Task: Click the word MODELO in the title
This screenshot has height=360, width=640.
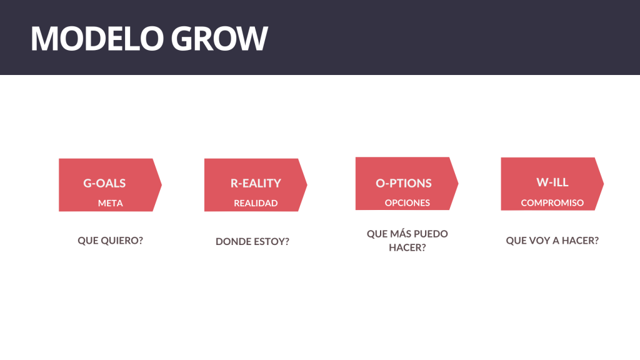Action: pyautogui.click(x=97, y=38)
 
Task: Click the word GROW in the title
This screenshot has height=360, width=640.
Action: pyautogui.click(x=219, y=38)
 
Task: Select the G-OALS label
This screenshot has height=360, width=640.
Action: pyautogui.click(x=104, y=183)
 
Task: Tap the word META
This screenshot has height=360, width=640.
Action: pyautogui.click(x=110, y=203)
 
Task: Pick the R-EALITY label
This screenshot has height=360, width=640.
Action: pyautogui.click(x=256, y=183)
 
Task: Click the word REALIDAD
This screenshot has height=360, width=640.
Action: pyautogui.click(x=256, y=203)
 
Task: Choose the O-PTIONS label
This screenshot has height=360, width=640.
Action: pyautogui.click(x=404, y=183)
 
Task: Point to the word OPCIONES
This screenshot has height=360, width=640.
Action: pyautogui.click(x=407, y=203)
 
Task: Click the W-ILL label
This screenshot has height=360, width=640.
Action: pyautogui.click(x=552, y=182)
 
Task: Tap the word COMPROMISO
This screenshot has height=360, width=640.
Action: pyautogui.click(x=552, y=203)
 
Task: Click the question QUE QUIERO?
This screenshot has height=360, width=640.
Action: pyautogui.click(x=110, y=241)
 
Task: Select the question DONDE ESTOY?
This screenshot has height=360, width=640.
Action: pyautogui.click(x=252, y=242)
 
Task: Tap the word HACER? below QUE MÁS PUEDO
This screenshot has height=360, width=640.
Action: pyautogui.click(x=407, y=247)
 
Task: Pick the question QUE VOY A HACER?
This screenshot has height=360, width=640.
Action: pyautogui.click(x=552, y=241)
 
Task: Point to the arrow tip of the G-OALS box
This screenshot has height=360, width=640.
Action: pyautogui.click(x=162, y=185)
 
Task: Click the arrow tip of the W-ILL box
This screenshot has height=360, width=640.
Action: pyautogui.click(x=604, y=184)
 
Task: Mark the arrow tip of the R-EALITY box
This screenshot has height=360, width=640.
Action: pyautogui.click(x=307, y=185)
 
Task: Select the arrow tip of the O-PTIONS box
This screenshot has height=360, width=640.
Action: pyautogui.click(x=458, y=183)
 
